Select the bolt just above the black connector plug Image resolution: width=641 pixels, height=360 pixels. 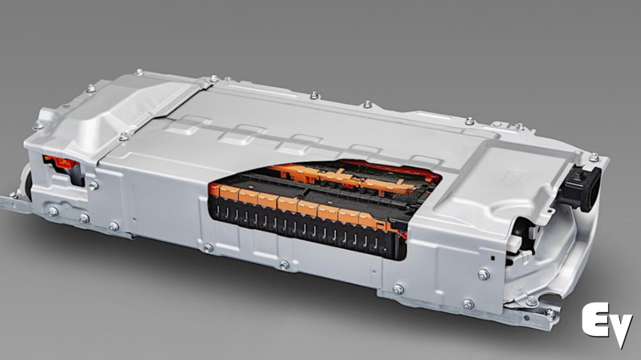pyautogui.click(x=594, y=157)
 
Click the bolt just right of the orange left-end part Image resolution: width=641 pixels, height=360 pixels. pyautogui.click(x=93, y=186)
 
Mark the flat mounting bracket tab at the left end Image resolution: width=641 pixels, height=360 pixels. pyautogui.click(x=14, y=203)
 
